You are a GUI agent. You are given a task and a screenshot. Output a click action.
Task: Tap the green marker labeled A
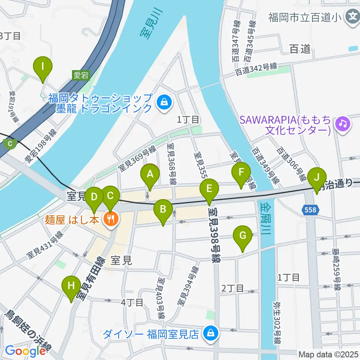point(150,174)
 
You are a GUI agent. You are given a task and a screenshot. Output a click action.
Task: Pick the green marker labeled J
point(317,177)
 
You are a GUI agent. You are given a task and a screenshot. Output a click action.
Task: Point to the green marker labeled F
point(241,173)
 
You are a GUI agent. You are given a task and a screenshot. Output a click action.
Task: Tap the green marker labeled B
point(163,210)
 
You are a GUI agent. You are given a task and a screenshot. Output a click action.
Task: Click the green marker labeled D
point(94,197)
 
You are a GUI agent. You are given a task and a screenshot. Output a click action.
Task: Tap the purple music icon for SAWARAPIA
point(342,123)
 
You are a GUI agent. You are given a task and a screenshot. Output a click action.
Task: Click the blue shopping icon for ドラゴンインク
point(164,101)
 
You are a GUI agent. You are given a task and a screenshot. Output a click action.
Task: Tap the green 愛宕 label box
point(81,75)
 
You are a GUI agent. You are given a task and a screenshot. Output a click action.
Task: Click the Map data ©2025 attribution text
point(328,354)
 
